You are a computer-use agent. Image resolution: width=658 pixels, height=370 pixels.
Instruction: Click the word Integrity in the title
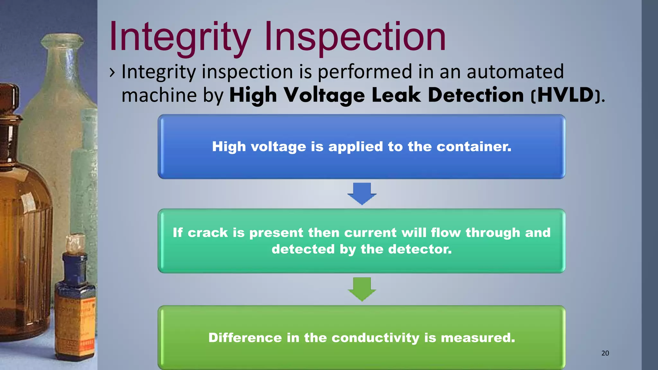(180, 37)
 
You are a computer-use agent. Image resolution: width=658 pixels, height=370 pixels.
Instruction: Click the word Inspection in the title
(355, 37)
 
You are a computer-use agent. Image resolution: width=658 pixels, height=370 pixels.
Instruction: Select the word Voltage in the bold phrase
(325, 96)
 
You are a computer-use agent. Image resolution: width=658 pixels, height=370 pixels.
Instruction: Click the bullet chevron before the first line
(112, 73)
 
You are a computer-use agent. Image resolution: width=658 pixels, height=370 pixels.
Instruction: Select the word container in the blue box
(474, 147)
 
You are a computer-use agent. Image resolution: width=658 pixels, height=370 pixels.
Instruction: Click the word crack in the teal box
(208, 233)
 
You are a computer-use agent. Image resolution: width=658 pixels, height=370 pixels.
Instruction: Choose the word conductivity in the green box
(376, 338)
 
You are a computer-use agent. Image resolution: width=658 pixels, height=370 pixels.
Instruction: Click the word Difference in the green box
(245, 338)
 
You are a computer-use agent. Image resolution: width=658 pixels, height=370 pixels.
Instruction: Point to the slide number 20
(605, 353)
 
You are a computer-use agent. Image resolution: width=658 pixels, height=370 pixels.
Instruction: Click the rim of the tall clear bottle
(62, 40)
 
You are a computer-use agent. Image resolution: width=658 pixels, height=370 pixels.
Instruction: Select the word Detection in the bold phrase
(476, 95)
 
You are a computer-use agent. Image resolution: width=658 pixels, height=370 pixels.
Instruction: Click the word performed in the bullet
(365, 71)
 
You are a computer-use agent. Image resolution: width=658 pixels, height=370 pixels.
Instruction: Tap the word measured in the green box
(478, 338)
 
